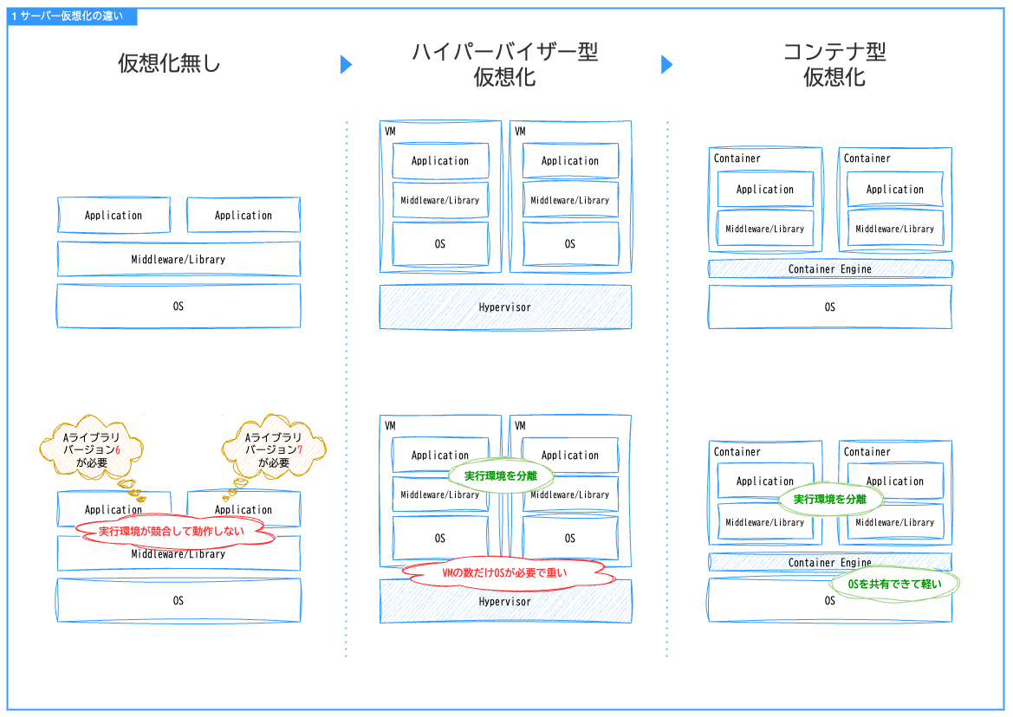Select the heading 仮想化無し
point(170,63)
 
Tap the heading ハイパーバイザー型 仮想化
point(504,64)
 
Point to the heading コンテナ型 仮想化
point(834,64)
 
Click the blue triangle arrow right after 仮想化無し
point(346,64)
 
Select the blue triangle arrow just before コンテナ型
point(666,64)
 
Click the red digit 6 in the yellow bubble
point(118,450)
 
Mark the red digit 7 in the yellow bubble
point(300,450)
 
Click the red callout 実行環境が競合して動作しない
point(178,531)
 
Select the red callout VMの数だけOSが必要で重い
point(505,573)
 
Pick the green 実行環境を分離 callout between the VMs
point(500,475)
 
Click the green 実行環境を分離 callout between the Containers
point(830,499)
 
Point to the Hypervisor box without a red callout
point(505,307)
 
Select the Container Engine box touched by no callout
point(829,269)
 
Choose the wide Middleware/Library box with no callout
point(179,259)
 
